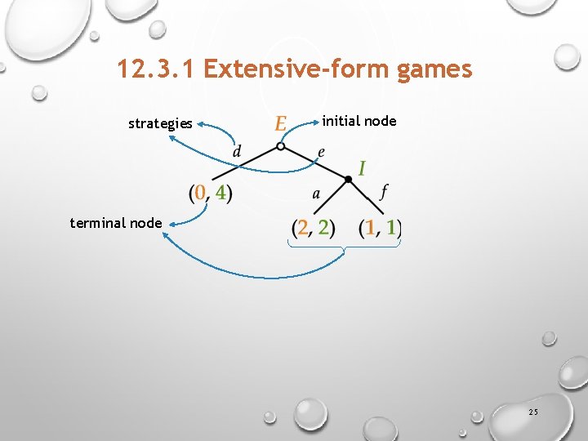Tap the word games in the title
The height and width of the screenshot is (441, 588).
coord(434,69)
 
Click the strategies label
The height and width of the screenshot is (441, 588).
coord(160,124)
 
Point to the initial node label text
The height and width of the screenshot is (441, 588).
coord(359,121)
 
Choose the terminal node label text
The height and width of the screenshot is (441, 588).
coord(116,222)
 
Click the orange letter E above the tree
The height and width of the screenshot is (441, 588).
coord(281,123)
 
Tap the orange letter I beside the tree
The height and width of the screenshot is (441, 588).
coord(361,168)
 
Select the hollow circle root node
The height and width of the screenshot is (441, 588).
coord(280,147)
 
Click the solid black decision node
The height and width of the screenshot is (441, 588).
coord(348,179)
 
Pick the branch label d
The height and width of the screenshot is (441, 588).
coord(237,151)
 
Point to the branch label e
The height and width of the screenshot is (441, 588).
coord(321,153)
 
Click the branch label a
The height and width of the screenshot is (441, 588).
coord(315,194)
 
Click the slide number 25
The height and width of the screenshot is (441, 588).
coord(532,413)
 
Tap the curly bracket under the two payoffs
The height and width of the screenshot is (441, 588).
coord(345,246)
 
